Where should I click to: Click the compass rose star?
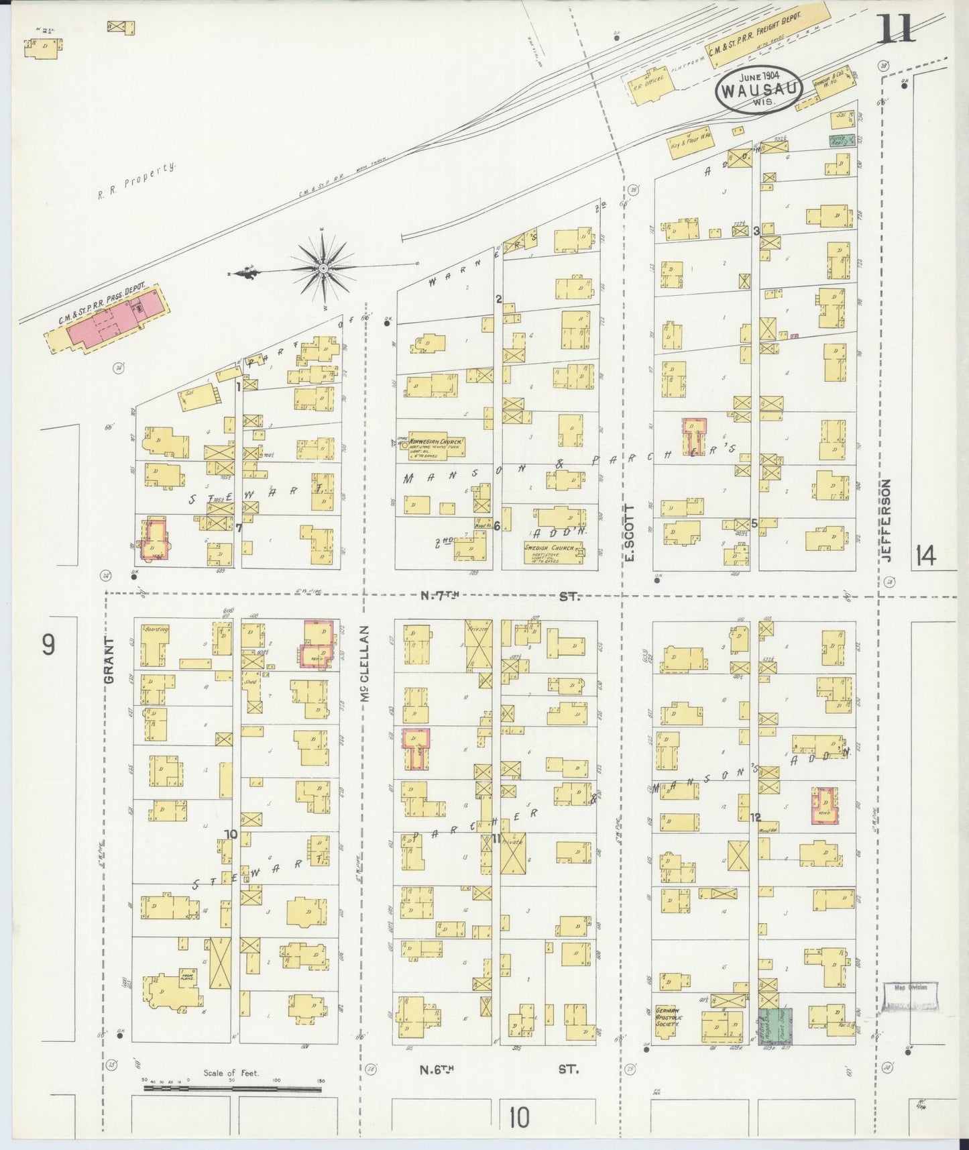pos(323,268)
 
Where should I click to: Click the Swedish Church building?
pos(553,552)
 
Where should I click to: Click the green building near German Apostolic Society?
pos(775,1026)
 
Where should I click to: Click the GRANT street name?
pos(110,660)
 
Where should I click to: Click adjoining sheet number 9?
pos(48,645)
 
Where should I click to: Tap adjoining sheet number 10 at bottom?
pos(518,1117)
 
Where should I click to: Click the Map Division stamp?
pos(911,996)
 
